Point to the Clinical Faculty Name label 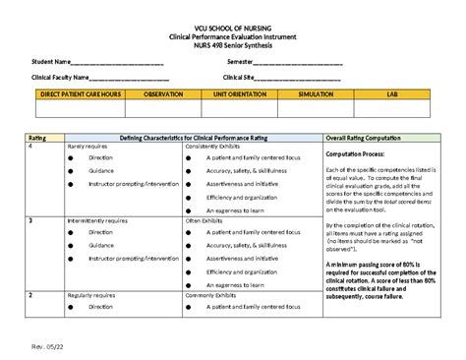[60, 77]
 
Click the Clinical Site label [239, 77]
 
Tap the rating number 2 [30, 294]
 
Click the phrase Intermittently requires [96, 222]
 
